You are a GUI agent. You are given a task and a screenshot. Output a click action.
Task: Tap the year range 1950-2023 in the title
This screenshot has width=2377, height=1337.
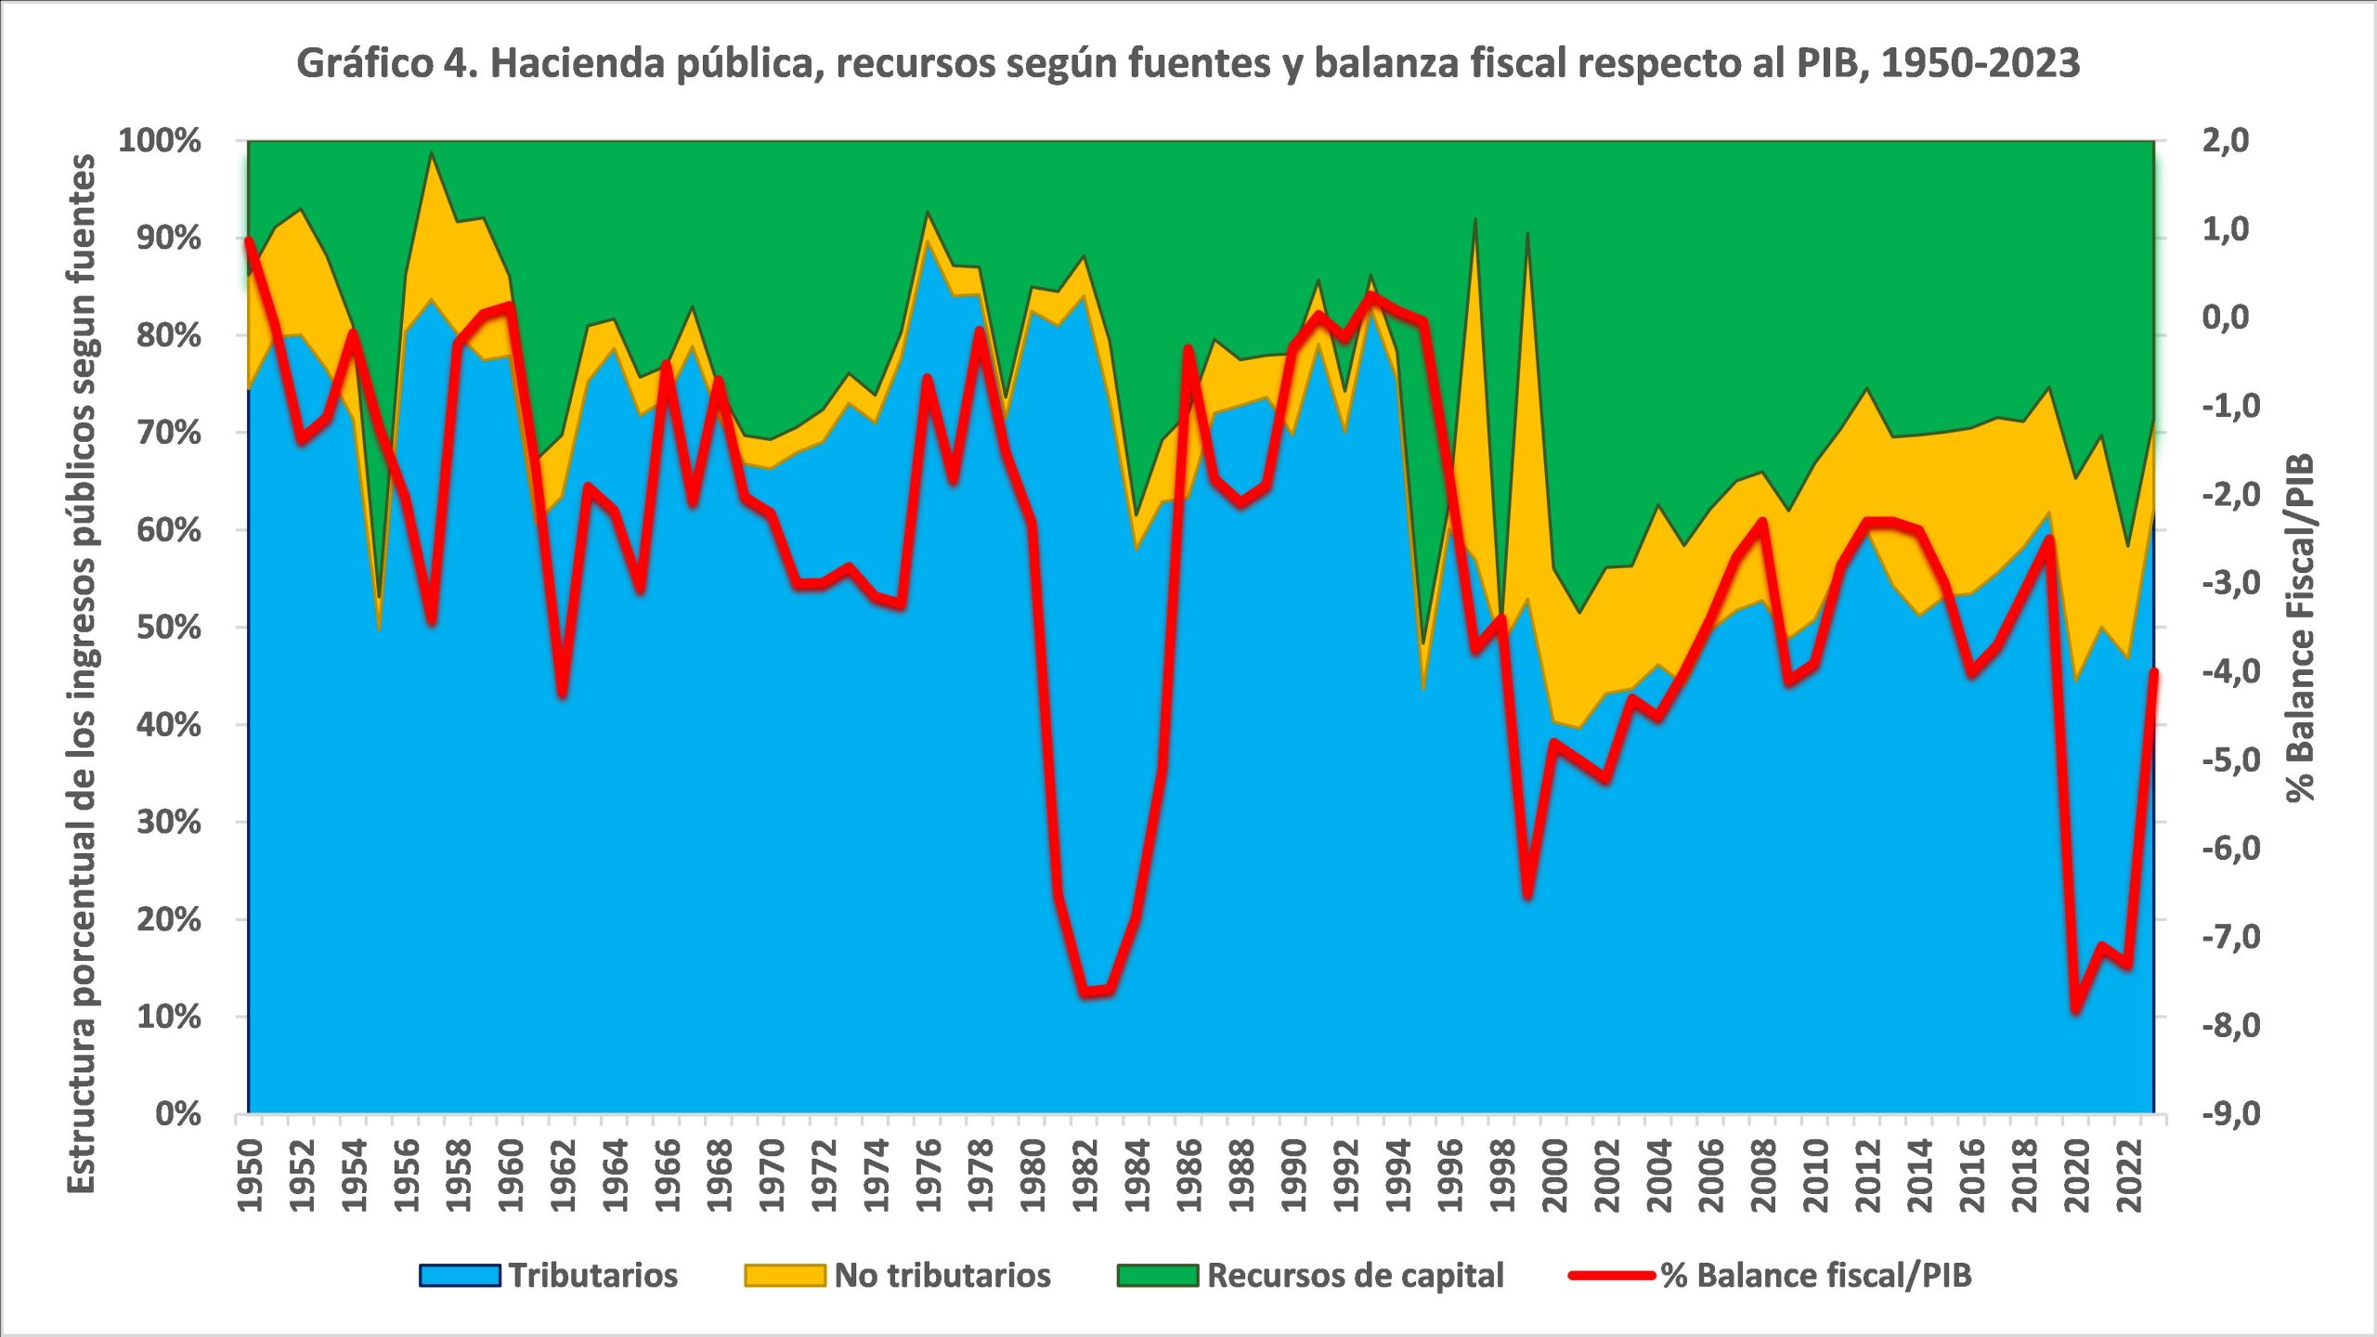(x=1981, y=63)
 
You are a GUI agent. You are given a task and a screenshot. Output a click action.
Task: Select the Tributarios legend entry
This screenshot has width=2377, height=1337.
(x=549, y=1275)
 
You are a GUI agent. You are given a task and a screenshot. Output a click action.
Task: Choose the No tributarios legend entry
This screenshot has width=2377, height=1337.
(x=898, y=1275)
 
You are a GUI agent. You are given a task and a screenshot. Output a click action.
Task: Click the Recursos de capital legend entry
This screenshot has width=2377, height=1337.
(x=1310, y=1275)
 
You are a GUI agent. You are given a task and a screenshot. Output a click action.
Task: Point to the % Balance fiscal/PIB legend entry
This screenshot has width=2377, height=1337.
(x=1770, y=1275)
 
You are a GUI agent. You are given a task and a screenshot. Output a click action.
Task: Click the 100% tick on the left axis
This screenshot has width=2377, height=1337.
(x=160, y=141)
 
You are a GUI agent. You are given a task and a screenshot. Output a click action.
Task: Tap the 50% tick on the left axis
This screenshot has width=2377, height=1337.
(x=169, y=628)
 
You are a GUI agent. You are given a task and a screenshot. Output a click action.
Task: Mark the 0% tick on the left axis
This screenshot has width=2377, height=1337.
(x=178, y=1113)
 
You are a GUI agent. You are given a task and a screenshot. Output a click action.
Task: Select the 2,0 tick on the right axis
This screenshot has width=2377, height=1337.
(x=2226, y=141)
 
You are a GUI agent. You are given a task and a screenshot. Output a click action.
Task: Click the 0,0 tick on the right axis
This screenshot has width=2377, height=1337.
(x=2226, y=318)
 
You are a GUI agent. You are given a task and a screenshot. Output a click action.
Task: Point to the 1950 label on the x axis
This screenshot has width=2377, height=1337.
(x=250, y=1175)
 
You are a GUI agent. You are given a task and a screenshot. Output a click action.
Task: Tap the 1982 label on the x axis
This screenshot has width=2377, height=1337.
(x=1085, y=1175)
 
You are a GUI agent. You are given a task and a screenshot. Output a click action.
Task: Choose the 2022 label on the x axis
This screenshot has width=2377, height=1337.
(x=2128, y=1175)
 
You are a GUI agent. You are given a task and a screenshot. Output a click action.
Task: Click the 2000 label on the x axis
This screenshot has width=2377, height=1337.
(x=1554, y=1175)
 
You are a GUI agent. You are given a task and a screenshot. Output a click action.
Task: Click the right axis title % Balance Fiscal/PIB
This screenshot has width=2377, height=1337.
(x=2300, y=628)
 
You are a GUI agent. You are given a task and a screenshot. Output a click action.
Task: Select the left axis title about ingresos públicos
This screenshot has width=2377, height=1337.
(x=81, y=673)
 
